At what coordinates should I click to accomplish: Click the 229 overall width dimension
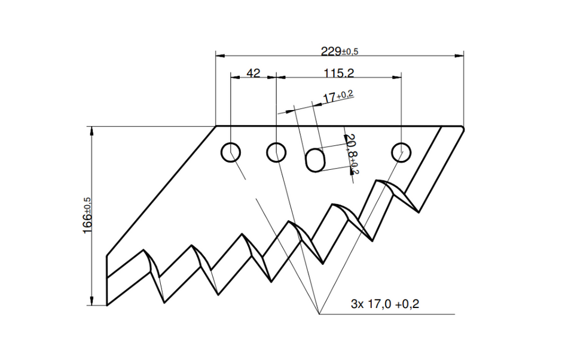pyautogui.click(x=340, y=51)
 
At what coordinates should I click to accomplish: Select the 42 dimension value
pyautogui.click(x=254, y=73)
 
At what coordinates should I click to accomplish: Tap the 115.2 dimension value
pyautogui.click(x=338, y=73)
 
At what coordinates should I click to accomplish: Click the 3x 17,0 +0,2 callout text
pyautogui.click(x=384, y=304)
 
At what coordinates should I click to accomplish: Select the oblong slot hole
pyautogui.click(x=315, y=159)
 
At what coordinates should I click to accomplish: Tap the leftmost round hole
pyautogui.click(x=231, y=152)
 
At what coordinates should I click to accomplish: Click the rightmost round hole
pyautogui.click(x=401, y=152)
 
